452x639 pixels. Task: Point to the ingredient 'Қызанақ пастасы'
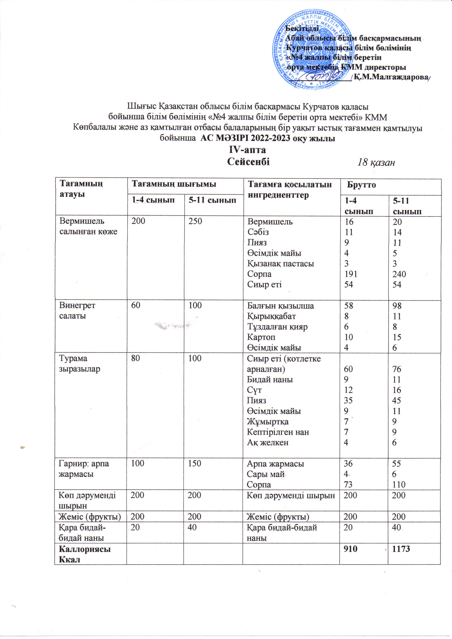280,264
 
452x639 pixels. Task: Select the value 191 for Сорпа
351,274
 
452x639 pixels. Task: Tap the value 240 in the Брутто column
399,274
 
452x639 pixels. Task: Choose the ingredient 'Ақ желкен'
268,443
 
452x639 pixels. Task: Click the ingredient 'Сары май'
265,474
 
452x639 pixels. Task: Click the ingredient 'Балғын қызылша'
280,306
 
